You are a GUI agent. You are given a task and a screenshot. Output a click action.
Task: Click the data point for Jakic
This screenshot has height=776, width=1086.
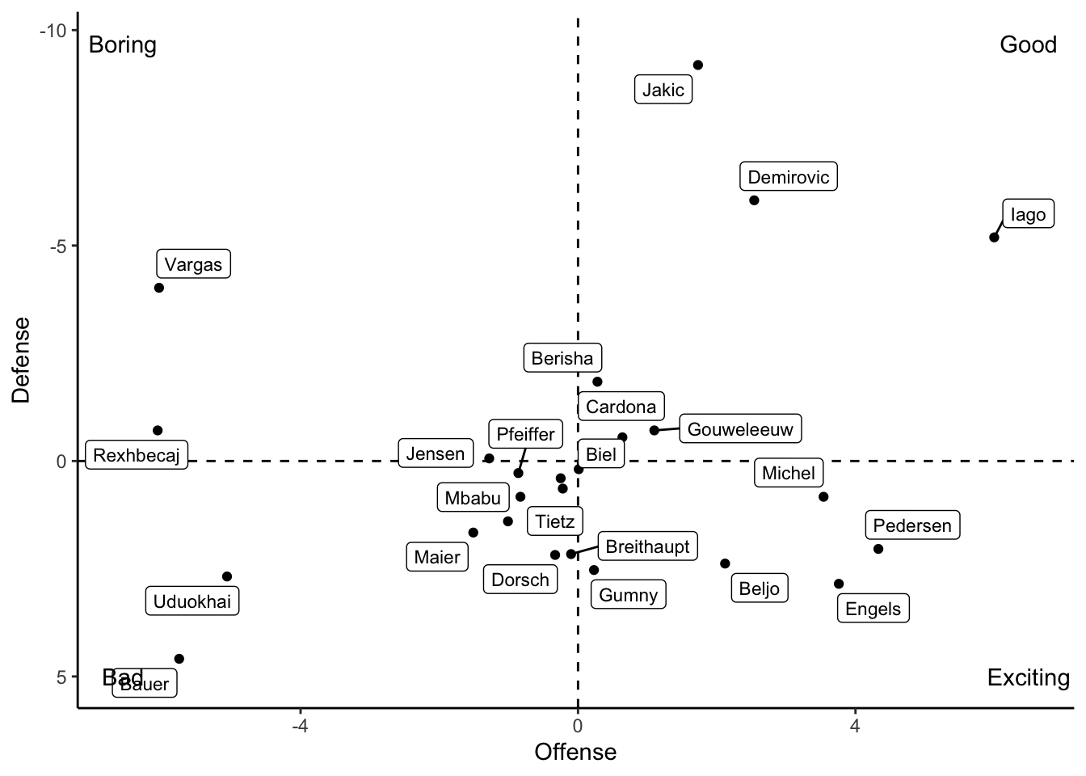[x=698, y=65]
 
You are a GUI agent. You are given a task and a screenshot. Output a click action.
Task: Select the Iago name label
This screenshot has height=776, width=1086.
[x=1028, y=214]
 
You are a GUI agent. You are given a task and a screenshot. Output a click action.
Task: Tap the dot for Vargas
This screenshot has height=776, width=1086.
[x=159, y=288]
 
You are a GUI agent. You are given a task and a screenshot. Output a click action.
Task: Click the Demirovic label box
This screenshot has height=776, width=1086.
[x=788, y=177]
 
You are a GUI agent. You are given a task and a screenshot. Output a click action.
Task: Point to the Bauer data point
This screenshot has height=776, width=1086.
[x=179, y=659]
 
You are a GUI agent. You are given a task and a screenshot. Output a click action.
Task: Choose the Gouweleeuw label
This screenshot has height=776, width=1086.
[x=740, y=429]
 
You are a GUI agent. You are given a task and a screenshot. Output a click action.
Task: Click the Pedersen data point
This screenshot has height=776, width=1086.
[x=878, y=549]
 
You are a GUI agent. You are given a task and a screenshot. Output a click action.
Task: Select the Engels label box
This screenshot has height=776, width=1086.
[x=873, y=609]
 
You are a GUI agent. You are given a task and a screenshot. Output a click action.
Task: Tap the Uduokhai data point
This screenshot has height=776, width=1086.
[x=227, y=576]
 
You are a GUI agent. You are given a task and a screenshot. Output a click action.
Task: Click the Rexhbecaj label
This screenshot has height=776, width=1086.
[x=137, y=455]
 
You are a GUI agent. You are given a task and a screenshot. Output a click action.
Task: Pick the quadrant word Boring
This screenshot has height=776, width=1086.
[x=122, y=44]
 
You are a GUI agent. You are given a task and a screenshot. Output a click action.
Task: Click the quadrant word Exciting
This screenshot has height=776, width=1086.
[x=1028, y=677]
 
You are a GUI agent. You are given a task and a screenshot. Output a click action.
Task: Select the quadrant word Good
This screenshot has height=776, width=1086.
[x=1028, y=44]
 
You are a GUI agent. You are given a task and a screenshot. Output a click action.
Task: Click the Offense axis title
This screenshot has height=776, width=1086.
[x=575, y=753]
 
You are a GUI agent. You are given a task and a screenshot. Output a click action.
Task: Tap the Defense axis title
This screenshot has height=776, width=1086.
[x=22, y=359]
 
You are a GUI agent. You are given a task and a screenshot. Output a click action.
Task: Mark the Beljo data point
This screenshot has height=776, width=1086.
[x=725, y=563]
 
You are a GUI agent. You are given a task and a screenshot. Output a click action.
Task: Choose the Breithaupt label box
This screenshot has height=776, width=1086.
[x=647, y=546]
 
